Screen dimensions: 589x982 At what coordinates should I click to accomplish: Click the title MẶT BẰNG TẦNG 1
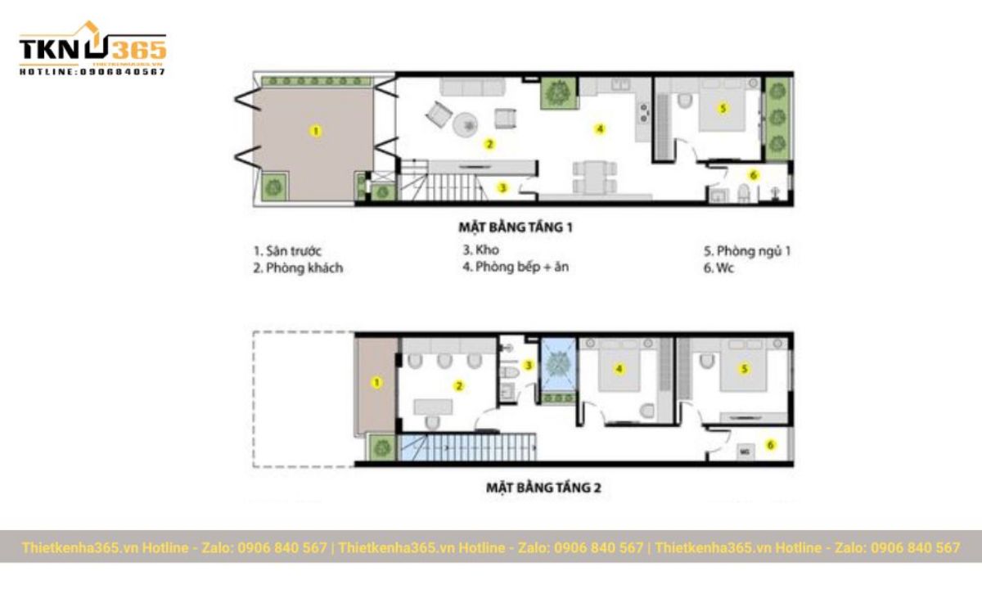tap(514, 227)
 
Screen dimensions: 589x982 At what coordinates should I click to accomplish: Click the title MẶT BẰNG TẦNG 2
tap(543, 488)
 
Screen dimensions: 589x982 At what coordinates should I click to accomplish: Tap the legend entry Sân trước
tap(287, 251)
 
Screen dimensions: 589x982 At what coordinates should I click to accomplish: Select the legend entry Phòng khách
tap(298, 268)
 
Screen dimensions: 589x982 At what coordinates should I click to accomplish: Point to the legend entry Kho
tap(481, 250)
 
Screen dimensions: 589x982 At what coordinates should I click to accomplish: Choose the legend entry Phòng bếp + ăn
tap(516, 267)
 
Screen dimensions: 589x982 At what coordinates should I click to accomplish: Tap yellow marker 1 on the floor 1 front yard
tap(317, 130)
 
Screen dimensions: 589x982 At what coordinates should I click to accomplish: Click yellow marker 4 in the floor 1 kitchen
tap(600, 128)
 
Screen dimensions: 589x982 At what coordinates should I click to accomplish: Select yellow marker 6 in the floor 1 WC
tap(754, 175)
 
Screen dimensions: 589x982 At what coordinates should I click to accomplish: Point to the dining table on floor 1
tap(595, 178)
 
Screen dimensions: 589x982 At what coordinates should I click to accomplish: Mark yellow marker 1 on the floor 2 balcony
tap(376, 382)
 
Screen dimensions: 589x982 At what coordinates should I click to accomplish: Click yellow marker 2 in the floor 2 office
tap(459, 385)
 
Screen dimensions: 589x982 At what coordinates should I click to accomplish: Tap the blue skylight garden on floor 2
tap(560, 364)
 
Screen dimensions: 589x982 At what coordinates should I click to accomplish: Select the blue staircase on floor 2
tap(471, 448)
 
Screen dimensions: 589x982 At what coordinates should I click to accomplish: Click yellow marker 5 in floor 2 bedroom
tap(744, 369)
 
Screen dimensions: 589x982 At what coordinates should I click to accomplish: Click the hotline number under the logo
tap(92, 72)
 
